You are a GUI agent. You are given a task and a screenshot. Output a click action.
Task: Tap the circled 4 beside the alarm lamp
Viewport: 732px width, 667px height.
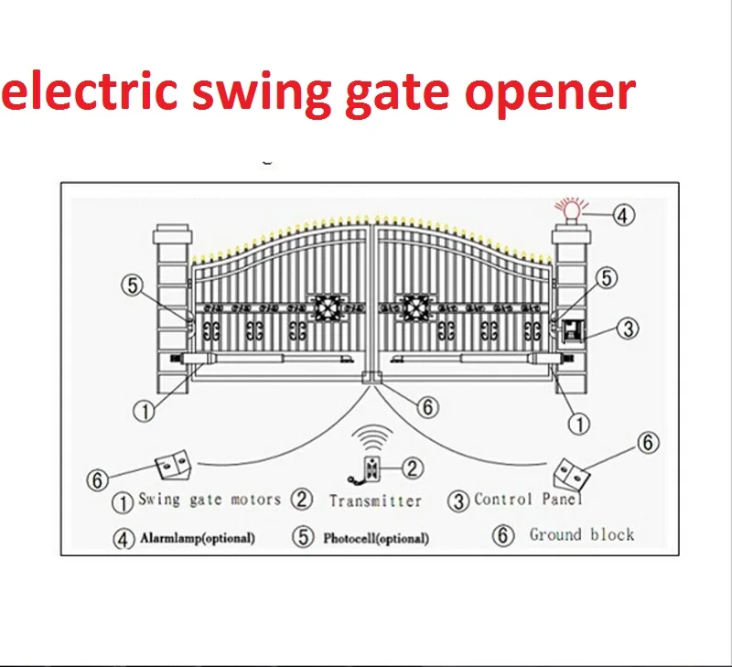click(x=621, y=216)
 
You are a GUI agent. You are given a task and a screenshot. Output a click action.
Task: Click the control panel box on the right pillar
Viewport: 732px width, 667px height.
click(x=573, y=330)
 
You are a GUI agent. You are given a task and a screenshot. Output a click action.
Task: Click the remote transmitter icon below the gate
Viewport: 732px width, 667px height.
click(x=371, y=469)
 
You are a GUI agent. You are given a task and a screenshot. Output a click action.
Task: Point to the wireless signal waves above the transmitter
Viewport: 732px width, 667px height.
click(x=371, y=434)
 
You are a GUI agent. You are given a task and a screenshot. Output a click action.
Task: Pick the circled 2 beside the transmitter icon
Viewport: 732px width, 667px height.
click(x=414, y=468)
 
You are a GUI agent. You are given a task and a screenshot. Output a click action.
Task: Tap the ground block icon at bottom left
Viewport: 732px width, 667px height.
click(x=175, y=468)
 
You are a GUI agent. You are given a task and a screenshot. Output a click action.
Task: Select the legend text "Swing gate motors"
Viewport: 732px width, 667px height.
click(x=210, y=500)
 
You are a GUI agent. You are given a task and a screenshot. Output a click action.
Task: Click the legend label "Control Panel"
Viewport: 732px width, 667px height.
click(x=528, y=499)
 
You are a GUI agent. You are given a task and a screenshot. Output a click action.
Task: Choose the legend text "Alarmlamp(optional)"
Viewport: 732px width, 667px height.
click(x=198, y=538)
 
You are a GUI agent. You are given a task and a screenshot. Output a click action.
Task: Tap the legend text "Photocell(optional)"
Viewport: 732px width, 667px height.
click(x=375, y=538)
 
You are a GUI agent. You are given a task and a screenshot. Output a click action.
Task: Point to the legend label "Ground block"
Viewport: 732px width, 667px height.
click(x=581, y=534)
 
